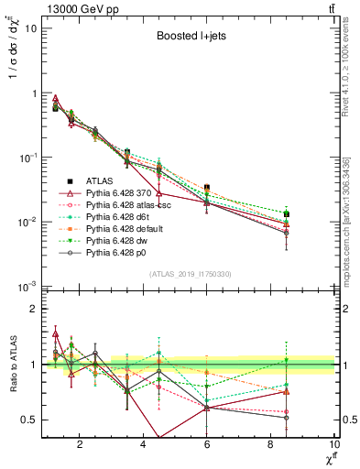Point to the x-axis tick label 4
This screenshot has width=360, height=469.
click(x=143, y=448)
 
